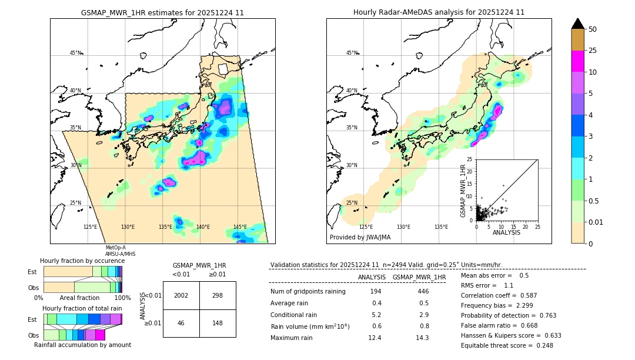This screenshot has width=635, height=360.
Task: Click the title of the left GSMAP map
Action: [162, 12]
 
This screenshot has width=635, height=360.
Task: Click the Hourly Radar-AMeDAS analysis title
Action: [439, 12]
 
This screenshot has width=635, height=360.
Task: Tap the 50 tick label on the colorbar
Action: [593, 29]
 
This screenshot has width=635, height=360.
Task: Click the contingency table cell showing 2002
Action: [181, 295]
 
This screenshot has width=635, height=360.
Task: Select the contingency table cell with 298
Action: [218, 295]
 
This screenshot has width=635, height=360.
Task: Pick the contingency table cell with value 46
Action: [181, 323]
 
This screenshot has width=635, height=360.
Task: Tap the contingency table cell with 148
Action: [218, 323]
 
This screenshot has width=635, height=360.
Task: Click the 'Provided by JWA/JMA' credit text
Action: [360, 238]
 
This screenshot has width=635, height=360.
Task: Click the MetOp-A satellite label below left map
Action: [116, 248]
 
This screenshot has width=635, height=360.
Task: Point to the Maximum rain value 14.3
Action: [422, 338]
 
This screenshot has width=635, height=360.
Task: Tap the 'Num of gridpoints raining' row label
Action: [308, 292]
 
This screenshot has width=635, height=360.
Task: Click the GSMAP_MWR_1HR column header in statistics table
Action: [419, 277]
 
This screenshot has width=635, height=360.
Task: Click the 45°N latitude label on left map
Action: [76, 53]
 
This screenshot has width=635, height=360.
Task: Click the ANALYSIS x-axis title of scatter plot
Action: [506, 232]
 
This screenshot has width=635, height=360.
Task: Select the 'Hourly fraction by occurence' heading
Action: [82, 261]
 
